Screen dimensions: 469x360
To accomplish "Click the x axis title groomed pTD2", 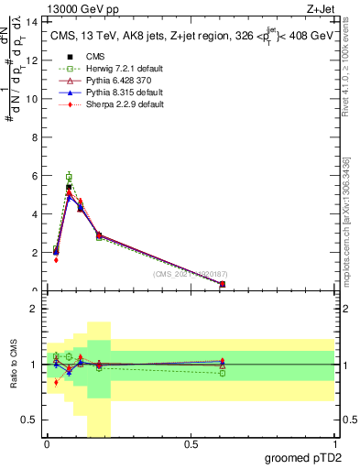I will [x=304, y=458].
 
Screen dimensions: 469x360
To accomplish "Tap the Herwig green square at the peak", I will [x=69, y=177].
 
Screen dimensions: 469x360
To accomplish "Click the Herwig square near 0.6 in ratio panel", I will [x=223, y=373].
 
